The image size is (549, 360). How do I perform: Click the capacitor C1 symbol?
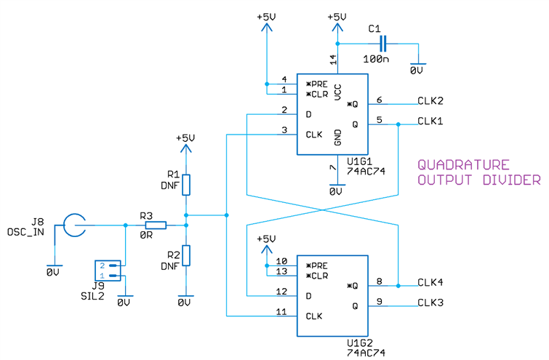(x=384, y=43)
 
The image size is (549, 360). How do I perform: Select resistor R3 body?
(x=156, y=225)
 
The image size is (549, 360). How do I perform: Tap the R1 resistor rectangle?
(x=187, y=185)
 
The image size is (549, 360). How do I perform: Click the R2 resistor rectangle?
(x=187, y=256)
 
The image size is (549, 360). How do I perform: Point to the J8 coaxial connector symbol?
(x=73, y=225)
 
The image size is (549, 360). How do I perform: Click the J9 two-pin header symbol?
(x=108, y=271)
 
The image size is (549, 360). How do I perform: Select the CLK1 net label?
(x=430, y=121)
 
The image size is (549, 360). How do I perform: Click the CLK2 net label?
(x=430, y=100)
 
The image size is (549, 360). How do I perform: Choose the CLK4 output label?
(x=430, y=282)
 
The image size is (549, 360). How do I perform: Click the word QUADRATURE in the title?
(x=462, y=165)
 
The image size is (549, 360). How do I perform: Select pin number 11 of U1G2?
(x=282, y=311)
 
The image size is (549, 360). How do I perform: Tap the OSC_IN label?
(x=25, y=232)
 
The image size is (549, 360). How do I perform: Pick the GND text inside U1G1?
(x=338, y=137)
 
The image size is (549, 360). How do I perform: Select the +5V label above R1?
(x=186, y=137)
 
